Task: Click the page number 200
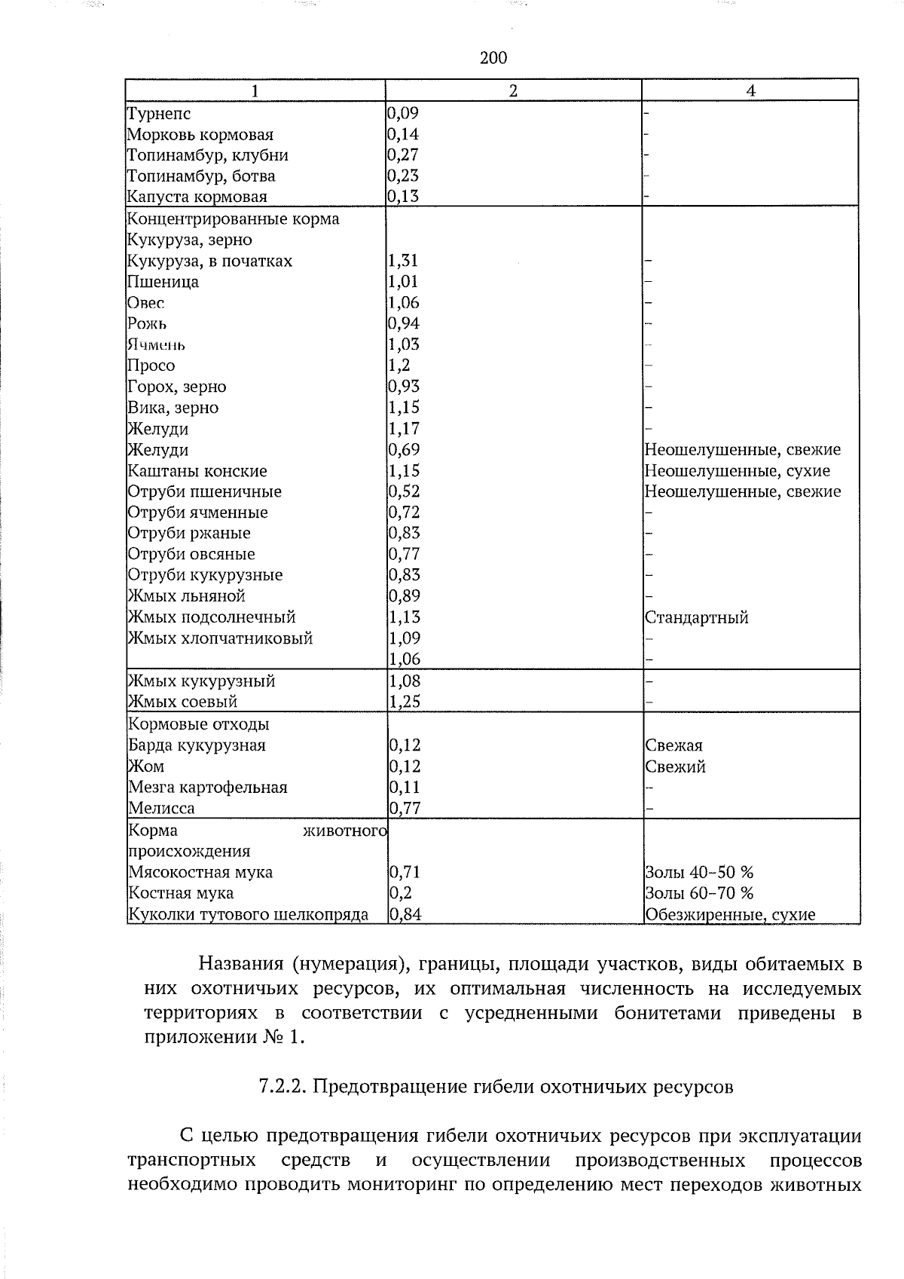(493, 58)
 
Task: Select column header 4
(750, 90)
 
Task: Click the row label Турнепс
(159, 114)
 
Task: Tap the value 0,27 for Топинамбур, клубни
(403, 155)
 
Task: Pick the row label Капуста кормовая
(197, 197)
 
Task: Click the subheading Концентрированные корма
(234, 219)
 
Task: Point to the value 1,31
(403, 261)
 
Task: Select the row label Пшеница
(163, 282)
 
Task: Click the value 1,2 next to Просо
(399, 366)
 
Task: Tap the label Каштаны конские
(197, 471)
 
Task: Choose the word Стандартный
(697, 618)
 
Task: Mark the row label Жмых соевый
(183, 702)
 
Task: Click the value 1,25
(404, 702)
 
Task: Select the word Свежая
(673, 745)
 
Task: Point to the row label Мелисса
(161, 808)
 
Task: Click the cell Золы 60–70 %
(699, 893)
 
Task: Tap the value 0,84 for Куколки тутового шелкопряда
(405, 914)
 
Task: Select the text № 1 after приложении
(282, 1037)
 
